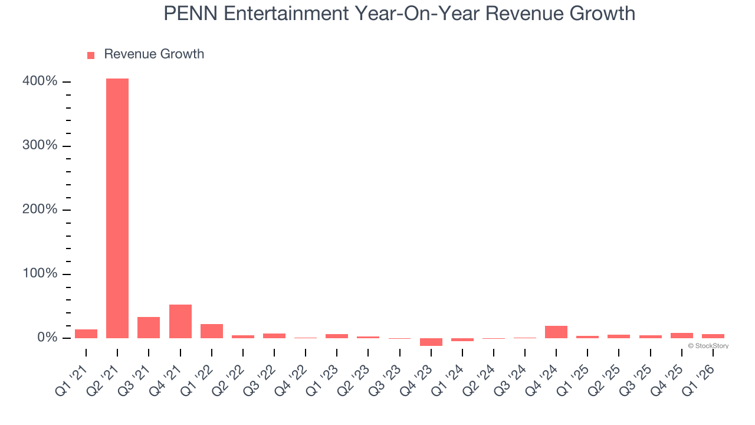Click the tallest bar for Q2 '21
[x=117, y=208]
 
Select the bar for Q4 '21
[x=180, y=321]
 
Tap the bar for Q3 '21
[x=149, y=328]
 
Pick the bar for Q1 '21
[x=86, y=334]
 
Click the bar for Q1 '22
[x=212, y=331]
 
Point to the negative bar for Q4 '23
[x=431, y=342]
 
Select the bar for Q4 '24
[x=556, y=332]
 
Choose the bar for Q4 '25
[x=682, y=335]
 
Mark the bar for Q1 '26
[x=713, y=336]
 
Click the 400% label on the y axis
[x=40, y=81]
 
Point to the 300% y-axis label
[x=40, y=146]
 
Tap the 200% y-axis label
[x=40, y=210]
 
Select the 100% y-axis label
[x=40, y=274]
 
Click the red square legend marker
[x=91, y=55]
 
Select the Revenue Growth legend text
[x=154, y=54]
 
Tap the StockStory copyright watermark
[x=708, y=346]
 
